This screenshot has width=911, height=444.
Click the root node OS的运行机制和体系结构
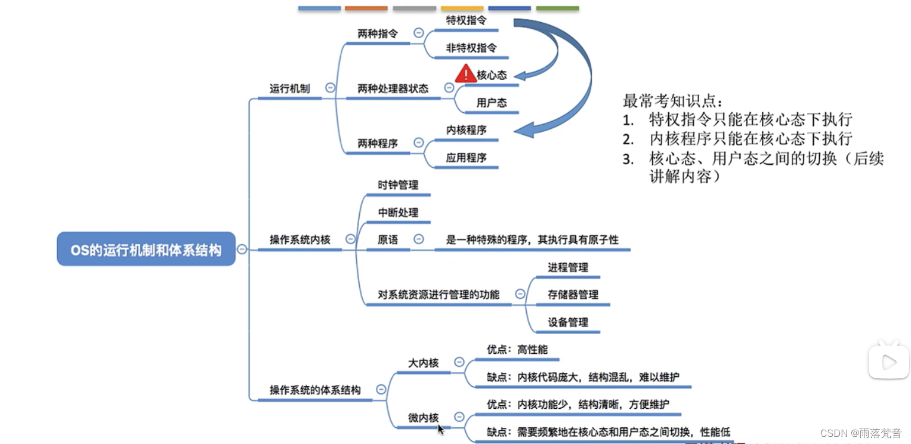[146, 249]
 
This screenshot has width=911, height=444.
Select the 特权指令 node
[466, 20]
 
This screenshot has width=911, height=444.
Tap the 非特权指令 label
[471, 48]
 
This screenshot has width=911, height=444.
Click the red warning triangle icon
[465, 74]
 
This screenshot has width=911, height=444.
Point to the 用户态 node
[492, 103]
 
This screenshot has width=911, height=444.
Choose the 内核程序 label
[466, 130]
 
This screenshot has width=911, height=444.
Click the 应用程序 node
[466, 158]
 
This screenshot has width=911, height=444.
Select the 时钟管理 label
[398, 185]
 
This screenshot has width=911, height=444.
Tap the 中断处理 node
[398, 212]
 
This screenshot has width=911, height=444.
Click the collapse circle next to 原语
[419, 239]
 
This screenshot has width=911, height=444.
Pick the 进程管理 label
[568, 267]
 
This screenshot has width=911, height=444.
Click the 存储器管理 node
[573, 295]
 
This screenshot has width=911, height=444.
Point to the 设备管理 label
[568, 322]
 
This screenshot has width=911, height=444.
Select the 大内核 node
[423, 363]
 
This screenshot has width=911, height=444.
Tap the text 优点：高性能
[517, 350]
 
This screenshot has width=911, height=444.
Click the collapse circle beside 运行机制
[330, 88]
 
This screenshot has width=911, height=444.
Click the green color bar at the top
[557, 8]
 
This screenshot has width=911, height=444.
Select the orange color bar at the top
[366, 8]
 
